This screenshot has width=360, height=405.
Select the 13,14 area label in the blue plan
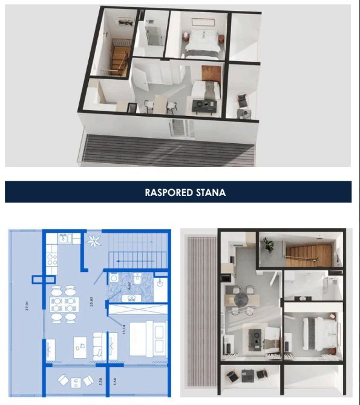pyautogui.click(x=123, y=330)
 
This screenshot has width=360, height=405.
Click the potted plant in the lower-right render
pyautogui.click(x=268, y=244)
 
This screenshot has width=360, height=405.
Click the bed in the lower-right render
pyautogui.click(x=317, y=334)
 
